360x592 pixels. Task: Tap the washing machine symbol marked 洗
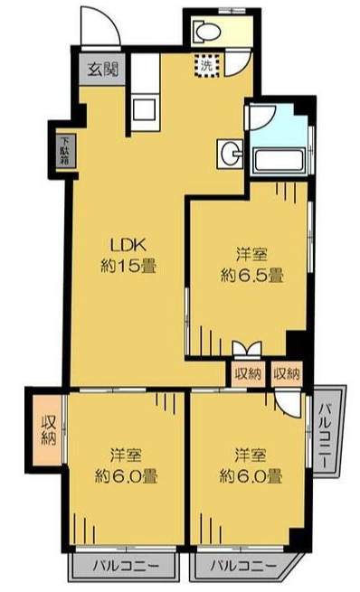206,66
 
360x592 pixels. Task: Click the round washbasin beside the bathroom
230,154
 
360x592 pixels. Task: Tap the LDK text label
128,246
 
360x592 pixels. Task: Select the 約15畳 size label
128,267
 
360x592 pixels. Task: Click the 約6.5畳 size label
252,276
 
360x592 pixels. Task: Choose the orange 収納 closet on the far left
48,430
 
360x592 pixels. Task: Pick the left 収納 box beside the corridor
248,374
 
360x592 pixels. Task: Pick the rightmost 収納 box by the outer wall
287,374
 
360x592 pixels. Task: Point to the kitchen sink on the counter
145,109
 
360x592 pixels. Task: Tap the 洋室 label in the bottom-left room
126,455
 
